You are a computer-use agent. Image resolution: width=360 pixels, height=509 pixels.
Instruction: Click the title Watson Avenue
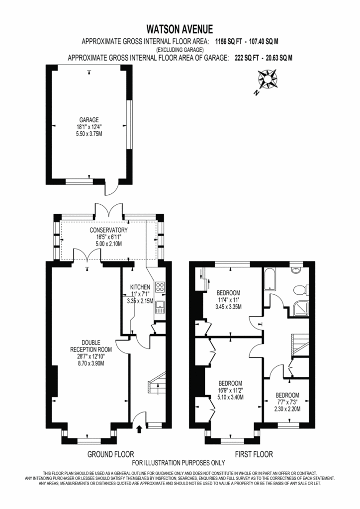click(x=180, y=29)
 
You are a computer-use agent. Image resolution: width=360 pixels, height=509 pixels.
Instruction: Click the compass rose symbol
click(x=267, y=79)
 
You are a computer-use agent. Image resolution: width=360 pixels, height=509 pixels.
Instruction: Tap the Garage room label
click(x=89, y=120)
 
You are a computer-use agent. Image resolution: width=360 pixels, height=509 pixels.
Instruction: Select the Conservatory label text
click(x=109, y=230)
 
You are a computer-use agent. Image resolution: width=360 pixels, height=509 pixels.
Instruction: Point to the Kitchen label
click(x=140, y=287)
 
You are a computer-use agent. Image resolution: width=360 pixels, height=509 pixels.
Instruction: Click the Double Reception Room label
click(x=91, y=346)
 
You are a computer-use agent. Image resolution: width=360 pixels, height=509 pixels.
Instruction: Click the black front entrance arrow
click(x=140, y=429)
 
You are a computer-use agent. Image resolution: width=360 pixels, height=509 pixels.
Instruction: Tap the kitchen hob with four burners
click(x=160, y=287)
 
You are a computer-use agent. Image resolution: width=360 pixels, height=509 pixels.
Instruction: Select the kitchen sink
click(x=160, y=307)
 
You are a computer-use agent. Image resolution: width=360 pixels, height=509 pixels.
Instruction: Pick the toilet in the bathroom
click(x=300, y=290)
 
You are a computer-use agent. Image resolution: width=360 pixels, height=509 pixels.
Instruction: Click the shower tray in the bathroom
click(x=301, y=308)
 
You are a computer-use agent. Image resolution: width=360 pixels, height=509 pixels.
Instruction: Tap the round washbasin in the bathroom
click(x=296, y=270)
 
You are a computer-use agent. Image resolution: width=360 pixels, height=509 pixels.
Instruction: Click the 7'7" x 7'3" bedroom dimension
click(x=287, y=402)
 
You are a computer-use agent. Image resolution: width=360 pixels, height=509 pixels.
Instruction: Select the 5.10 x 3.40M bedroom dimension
click(x=231, y=397)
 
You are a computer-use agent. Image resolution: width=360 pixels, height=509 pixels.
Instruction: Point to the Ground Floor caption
click(x=111, y=454)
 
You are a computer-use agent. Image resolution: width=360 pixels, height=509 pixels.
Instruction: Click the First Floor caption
click(x=254, y=454)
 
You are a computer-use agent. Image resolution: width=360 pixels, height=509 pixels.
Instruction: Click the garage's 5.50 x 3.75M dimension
click(x=89, y=134)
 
